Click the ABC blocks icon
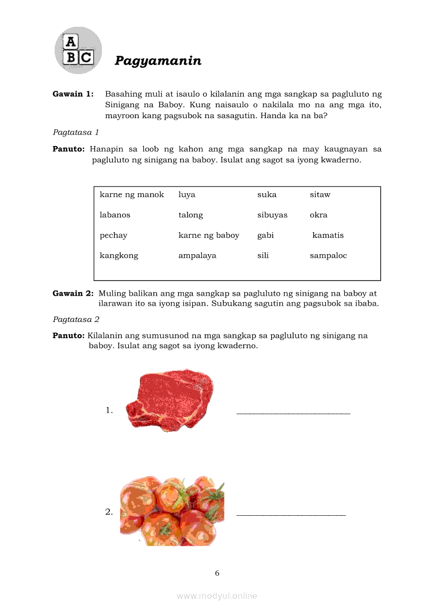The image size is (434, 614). [78, 50]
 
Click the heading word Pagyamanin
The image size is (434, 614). [158, 61]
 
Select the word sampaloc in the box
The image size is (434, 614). [328, 256]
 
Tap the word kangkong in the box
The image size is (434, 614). [119, 256]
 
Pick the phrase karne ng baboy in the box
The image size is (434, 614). [209, 235]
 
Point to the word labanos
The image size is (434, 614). [115, 215]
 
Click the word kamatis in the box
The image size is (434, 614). [328, 235]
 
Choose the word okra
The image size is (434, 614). [318, 215]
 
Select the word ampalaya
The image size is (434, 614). [197, 256]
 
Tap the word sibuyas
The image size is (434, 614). [272, 215]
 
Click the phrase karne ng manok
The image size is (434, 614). [132, 194]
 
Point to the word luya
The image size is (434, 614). [187, 194]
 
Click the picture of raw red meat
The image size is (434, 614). [171, 400]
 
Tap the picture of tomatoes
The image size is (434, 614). [172, 511]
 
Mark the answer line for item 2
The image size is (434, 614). [291, 514]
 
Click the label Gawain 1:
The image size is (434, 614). [73, 94]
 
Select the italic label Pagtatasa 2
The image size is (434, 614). [76, 319]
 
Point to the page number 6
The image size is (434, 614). [217, 573]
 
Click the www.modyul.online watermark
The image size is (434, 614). [217, 596]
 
